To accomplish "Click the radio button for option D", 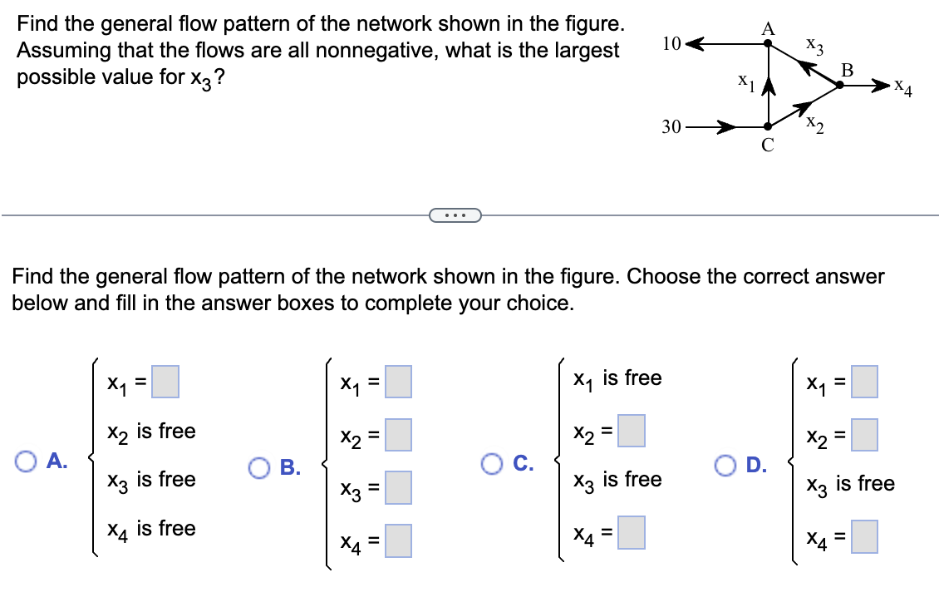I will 726,463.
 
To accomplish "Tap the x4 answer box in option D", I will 865,536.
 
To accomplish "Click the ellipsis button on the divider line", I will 454,216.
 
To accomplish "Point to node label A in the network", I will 769,28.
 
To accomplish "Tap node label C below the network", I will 768,146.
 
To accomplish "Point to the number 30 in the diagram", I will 671,127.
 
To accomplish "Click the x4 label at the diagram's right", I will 902,88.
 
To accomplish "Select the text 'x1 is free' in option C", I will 617,378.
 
